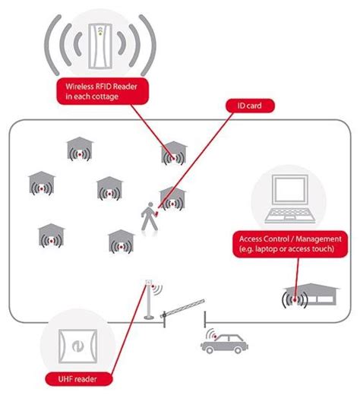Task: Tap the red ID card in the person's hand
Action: pyautogui.click(x=157, y=213)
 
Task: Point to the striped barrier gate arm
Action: pyautogui.click(x=185, y=305)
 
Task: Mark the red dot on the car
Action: pyautogui.click(x=216, y=338)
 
